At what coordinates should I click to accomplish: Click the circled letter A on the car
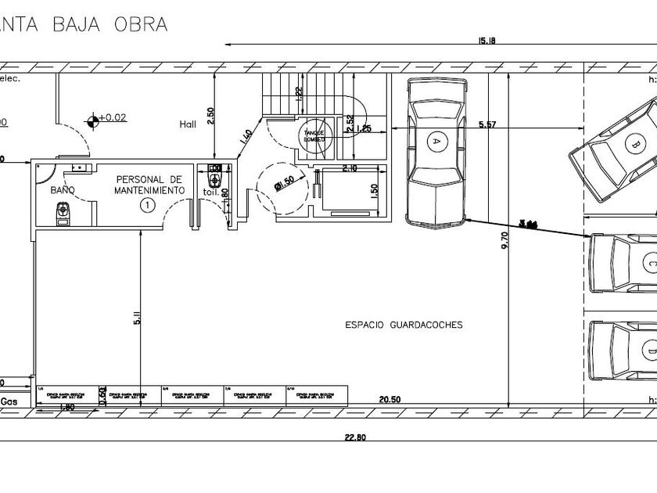(436, 141)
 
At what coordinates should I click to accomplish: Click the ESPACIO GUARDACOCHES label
(404, 324)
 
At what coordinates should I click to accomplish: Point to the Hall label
(188, 124)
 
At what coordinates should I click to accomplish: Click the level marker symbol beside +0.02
(94, 119)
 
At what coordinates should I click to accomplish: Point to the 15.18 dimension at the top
(486, 41)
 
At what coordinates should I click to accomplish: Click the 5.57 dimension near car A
(486, 124)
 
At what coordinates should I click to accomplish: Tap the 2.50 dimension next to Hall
(210, 115)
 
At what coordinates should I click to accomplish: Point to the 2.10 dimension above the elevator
(349, 169)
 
